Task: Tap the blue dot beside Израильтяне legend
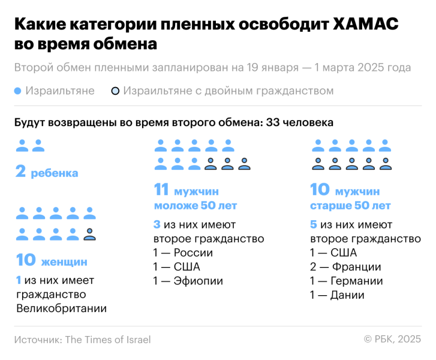coord(18,91)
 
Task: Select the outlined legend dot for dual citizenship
coord(115,91)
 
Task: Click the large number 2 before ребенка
coord(21,173)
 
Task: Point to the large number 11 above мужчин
coord(162,190)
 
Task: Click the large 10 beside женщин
coord(26,261)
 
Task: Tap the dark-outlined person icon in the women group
coord(89,234)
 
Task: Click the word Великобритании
coord(61,309)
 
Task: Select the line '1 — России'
coord(183,253)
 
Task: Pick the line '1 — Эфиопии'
coord(188,281)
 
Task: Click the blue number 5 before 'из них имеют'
coord(314,224)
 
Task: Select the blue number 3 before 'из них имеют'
coord(157,224)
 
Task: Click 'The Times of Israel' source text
coord(107,340)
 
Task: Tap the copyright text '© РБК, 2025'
coord(392,340)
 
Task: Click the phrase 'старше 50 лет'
coord(350,206)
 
